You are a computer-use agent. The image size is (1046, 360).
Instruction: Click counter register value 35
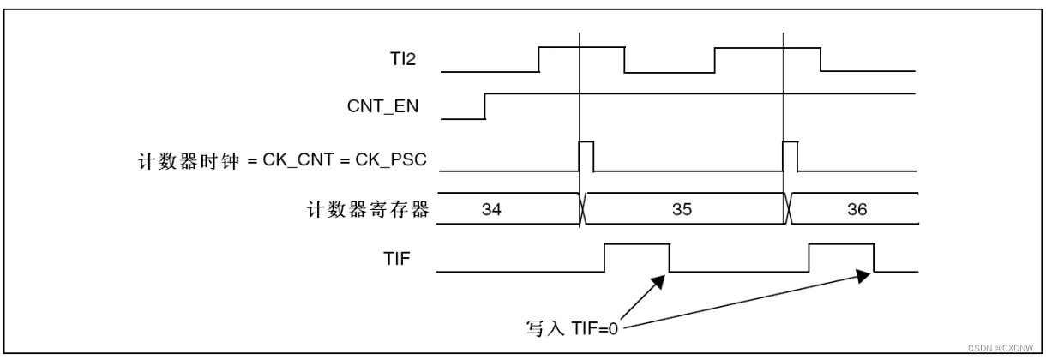click(682, 208)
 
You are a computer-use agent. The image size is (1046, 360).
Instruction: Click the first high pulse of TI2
click(581, 50)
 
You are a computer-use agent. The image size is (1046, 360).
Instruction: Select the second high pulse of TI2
click(767, 50)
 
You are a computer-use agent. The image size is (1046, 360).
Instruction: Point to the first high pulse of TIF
click(637, 245)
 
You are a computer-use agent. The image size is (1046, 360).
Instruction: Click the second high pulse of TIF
click(841, 245)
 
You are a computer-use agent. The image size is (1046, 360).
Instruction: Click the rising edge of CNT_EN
click(485, 105)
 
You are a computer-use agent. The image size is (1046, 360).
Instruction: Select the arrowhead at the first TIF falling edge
click(660, 281)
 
